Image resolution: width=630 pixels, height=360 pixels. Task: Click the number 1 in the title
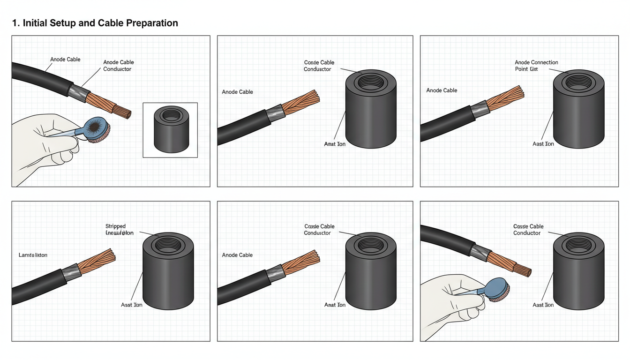[15, 23]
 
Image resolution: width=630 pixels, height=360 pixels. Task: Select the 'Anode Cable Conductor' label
[118, 66]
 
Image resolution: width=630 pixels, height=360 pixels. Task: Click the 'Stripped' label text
[115, 226]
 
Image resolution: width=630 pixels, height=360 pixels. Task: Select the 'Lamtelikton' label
[33, 255]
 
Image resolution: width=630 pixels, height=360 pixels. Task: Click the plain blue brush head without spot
[497, 287]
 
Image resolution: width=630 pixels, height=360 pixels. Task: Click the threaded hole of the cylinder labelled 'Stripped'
[167, 245]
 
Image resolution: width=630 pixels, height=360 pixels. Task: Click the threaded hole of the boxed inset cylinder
[171, 114]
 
